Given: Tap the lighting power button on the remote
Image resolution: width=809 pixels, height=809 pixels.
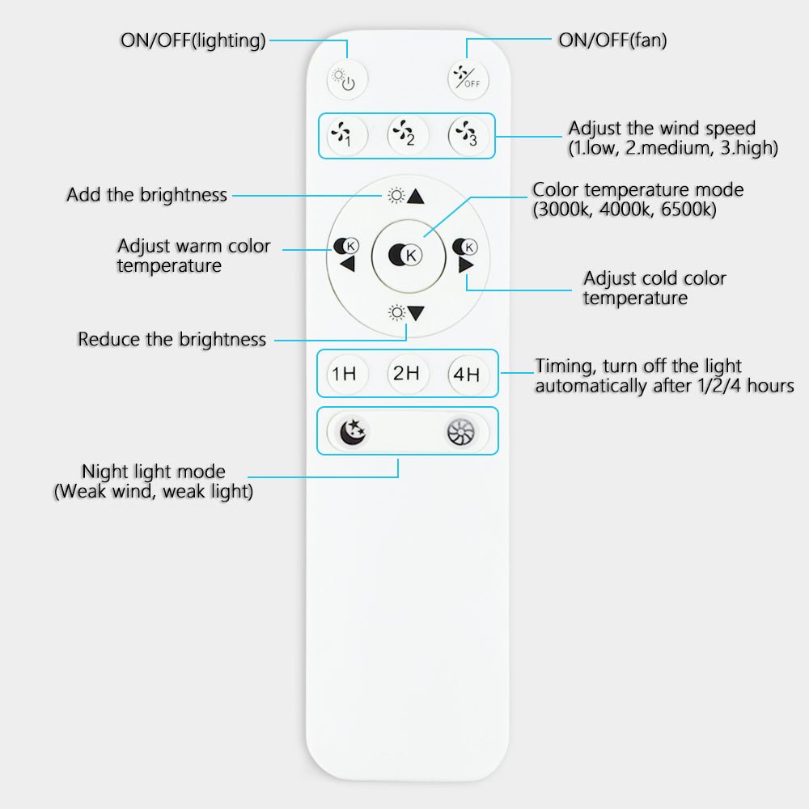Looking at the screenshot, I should pyautogui.click(x=347, y=79).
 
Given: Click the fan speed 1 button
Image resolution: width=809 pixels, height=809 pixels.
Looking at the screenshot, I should pyautogui.click(x=345, y=135).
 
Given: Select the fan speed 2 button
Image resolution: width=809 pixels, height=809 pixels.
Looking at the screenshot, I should pyautogui.click(x=407, y=134).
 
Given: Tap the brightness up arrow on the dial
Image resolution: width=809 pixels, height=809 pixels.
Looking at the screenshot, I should pyautogui.click(x=416, y=196).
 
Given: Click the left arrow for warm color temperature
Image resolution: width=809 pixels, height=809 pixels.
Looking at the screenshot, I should pyautogui.click(x=347, y=265).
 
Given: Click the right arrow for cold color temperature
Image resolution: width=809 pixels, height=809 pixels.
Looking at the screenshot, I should pyautogui.click(x=465, y=265).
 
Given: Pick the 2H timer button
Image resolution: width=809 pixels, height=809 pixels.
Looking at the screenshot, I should pyautogui.click(x=407, y=373).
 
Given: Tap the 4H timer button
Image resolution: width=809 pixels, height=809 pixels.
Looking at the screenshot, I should pyautogui.click(x=468, y=375).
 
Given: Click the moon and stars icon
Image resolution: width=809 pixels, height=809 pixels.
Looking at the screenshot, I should pyautogui.click(x=352, y=432).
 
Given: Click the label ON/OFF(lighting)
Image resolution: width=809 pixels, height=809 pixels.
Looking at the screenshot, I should pyautogui.click(x=193, y=40).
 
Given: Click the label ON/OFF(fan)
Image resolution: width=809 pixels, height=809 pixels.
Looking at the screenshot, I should pyautogui.click(x=612, y=40).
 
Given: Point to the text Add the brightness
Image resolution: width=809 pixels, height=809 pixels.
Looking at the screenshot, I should pyautogui.click(x=146, y=195).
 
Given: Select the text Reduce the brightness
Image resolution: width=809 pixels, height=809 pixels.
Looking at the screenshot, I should pyautogui.click(x=172, y=339).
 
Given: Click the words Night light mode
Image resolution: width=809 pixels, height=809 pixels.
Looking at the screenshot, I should pyautogui.click(x=154, y=472).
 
